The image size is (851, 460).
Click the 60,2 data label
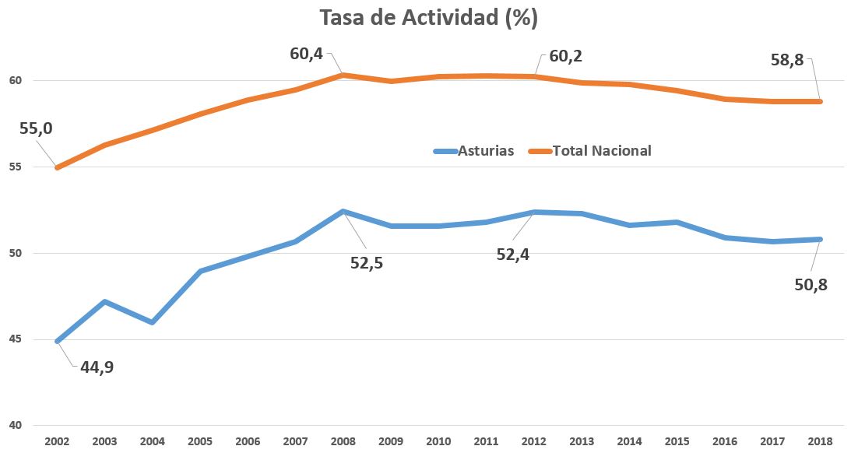pos(566,56)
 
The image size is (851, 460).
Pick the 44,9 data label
pos(97,367)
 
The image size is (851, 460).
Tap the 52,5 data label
pos(367,262)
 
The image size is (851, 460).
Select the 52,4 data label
pos(513,254)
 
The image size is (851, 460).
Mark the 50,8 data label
pos(811,284)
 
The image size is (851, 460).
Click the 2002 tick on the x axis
pos(57,441)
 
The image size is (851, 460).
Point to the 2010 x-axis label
pos(438,441)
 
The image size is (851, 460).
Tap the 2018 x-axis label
pos(821,441)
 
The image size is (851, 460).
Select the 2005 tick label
pos(200,441)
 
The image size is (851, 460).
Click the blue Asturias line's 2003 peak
pos(104,301)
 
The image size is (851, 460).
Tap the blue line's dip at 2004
pos(152,322)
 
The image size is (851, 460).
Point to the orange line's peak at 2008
pos(343,75)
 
